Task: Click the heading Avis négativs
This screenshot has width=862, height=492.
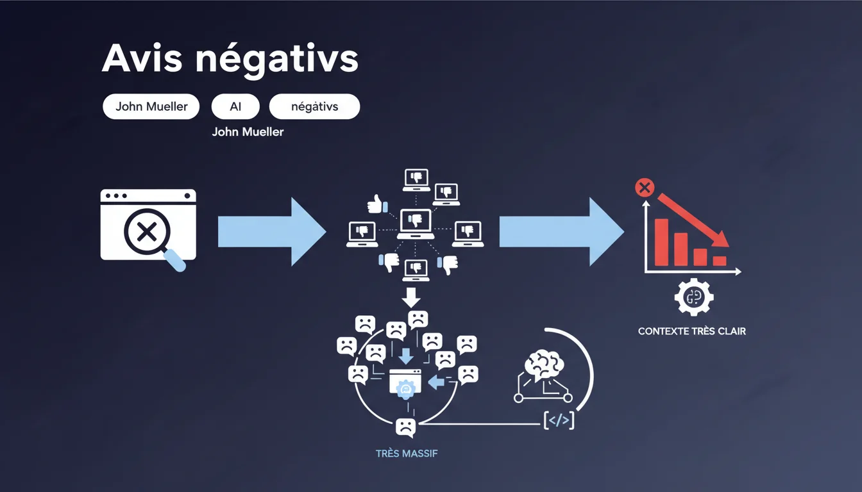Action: click(230, 60)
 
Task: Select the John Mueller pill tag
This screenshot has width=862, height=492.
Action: click(151, 107)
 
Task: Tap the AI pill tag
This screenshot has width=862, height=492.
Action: click(235, 107)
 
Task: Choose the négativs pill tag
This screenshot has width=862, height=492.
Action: click(314, 107)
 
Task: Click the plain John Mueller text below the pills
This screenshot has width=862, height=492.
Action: click(248, 132)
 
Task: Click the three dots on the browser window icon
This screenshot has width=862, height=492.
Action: click(115, 195)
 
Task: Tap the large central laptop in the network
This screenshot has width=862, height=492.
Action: click(415, 223)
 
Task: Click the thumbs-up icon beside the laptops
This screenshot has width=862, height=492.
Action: click(375, 204)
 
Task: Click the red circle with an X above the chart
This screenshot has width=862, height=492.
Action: click(643, 188)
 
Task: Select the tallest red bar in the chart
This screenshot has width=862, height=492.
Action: click(661, 242)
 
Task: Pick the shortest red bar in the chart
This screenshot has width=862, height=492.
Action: click(720, 261)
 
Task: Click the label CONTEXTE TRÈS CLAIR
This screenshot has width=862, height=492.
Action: click(691, 332)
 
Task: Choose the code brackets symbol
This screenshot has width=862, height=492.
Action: click(558, 421)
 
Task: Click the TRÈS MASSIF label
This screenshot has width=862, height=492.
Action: click(406, 454)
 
